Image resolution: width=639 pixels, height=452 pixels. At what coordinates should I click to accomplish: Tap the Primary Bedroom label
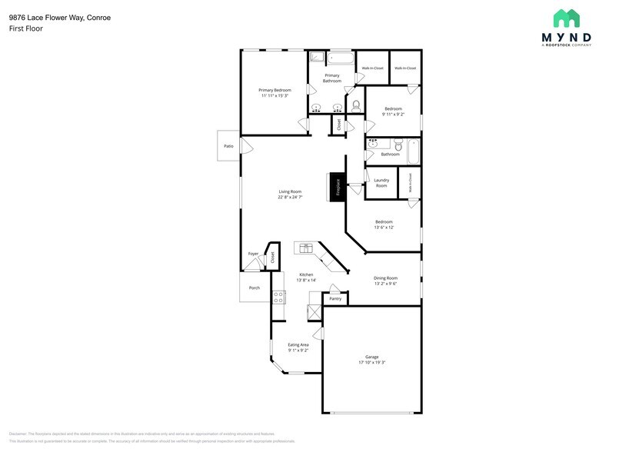pos(274,90)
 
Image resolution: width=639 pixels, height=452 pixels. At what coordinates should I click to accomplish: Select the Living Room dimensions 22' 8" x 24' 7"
pos(290,197)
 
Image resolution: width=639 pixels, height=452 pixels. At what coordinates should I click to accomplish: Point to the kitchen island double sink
pos(306,248)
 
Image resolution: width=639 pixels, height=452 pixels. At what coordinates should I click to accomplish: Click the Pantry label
pos(336,299)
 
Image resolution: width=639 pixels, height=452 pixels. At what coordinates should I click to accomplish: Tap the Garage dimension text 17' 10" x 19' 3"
pos(371,362)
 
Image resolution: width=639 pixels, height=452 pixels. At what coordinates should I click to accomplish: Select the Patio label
pos(228,145)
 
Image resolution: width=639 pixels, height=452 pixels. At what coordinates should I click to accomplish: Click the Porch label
pos(254,288)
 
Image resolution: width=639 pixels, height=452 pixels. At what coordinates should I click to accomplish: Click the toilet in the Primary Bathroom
pos(355,105)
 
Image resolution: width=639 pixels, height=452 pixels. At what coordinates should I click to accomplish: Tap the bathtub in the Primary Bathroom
pos(341,58)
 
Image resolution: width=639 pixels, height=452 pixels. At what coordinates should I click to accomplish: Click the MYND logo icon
pos(567,18)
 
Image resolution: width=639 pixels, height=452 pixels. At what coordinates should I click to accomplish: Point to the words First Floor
pos(25,28)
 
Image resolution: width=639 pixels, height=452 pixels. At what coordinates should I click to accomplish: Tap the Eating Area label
pos(298,344)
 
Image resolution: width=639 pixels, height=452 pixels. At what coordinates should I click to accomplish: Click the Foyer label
pos(253,254)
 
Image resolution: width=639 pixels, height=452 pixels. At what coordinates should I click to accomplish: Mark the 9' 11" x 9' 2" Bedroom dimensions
pos(393,114)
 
